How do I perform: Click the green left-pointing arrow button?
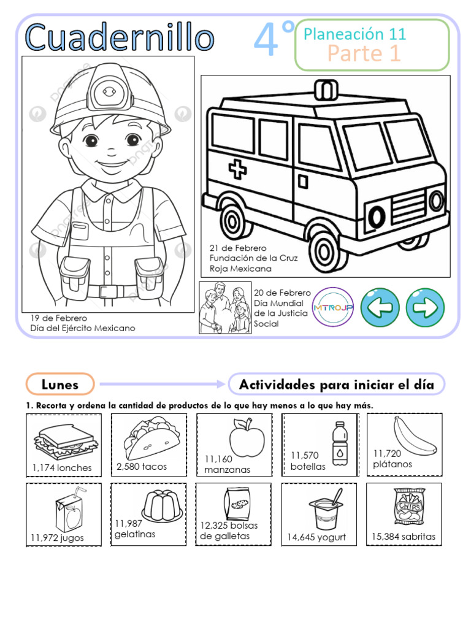380,307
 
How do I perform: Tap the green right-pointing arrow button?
426,307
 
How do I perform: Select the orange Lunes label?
60,385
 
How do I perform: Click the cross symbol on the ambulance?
238,169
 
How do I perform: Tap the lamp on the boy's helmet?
110,91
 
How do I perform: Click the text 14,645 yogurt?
316,537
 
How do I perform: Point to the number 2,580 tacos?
142,467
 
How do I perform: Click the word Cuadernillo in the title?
120,38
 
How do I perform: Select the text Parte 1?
364,53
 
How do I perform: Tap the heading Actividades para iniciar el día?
336,385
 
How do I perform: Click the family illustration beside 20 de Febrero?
225,308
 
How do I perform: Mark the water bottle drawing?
338,443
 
